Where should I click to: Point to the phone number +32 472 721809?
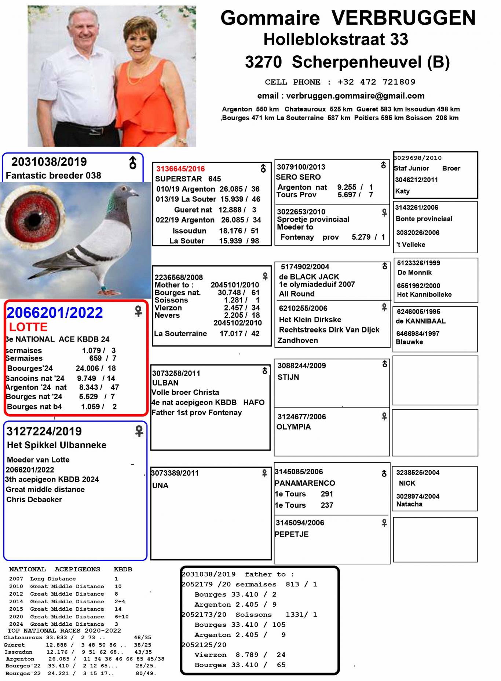376,82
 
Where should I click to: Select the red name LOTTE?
28,327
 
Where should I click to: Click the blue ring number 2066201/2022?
55,313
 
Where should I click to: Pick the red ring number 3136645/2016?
180,169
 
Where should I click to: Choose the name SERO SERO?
298,177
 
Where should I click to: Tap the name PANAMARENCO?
305,483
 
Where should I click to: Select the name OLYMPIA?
293,427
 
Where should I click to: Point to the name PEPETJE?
292,534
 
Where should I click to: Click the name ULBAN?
165,383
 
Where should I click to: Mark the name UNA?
160,486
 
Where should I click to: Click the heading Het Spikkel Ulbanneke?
57,445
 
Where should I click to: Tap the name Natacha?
409,504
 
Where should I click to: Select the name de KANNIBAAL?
416,321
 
